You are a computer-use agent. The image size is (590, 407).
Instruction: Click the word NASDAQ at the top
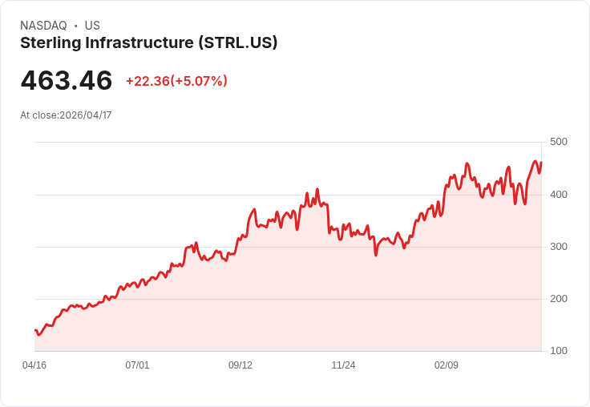pyautogui.click(x=43, y=26)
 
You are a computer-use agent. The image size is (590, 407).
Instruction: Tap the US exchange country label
pyautogui.click(x=92, y=26)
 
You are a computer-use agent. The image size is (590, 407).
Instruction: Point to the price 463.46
pyautogui.click(x=67, y=81)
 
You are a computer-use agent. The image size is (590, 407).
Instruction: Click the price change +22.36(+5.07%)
pyautogui.click(x=176, y=81)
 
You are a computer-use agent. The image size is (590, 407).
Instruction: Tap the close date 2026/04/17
pyautogui.click(x=86, y=115)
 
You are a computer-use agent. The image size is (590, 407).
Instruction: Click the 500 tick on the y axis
pyautogui.click(x=558, y=142)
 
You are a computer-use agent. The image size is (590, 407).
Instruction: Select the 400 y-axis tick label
pyautogui.click(x=558, y=195)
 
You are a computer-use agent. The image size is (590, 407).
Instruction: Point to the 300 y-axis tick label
pyautogui.click(x=558, y=247)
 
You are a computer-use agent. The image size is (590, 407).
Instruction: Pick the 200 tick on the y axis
pyautogui.click(x=558, y=299)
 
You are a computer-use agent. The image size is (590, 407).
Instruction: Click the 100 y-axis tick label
pyautogui.click(x=558, y=351)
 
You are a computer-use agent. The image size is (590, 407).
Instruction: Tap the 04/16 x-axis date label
pyautogui.click(x=34, y=365)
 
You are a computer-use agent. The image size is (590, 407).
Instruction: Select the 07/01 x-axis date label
pyautogui.click(x=137, y=365)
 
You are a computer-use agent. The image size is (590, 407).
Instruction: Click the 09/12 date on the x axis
pyautogui.click(x=240, y=365)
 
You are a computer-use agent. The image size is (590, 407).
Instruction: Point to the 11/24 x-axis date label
pyautogui.click(x=343, y=365)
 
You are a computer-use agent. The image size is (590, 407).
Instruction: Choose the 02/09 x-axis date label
pyautogui.click(x=447, y=365)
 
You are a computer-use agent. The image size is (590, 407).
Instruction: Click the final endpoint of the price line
pyautogui.click(x=541, y=163)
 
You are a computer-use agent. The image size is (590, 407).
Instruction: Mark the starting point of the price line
pyautogui.click(x=34, y=330)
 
